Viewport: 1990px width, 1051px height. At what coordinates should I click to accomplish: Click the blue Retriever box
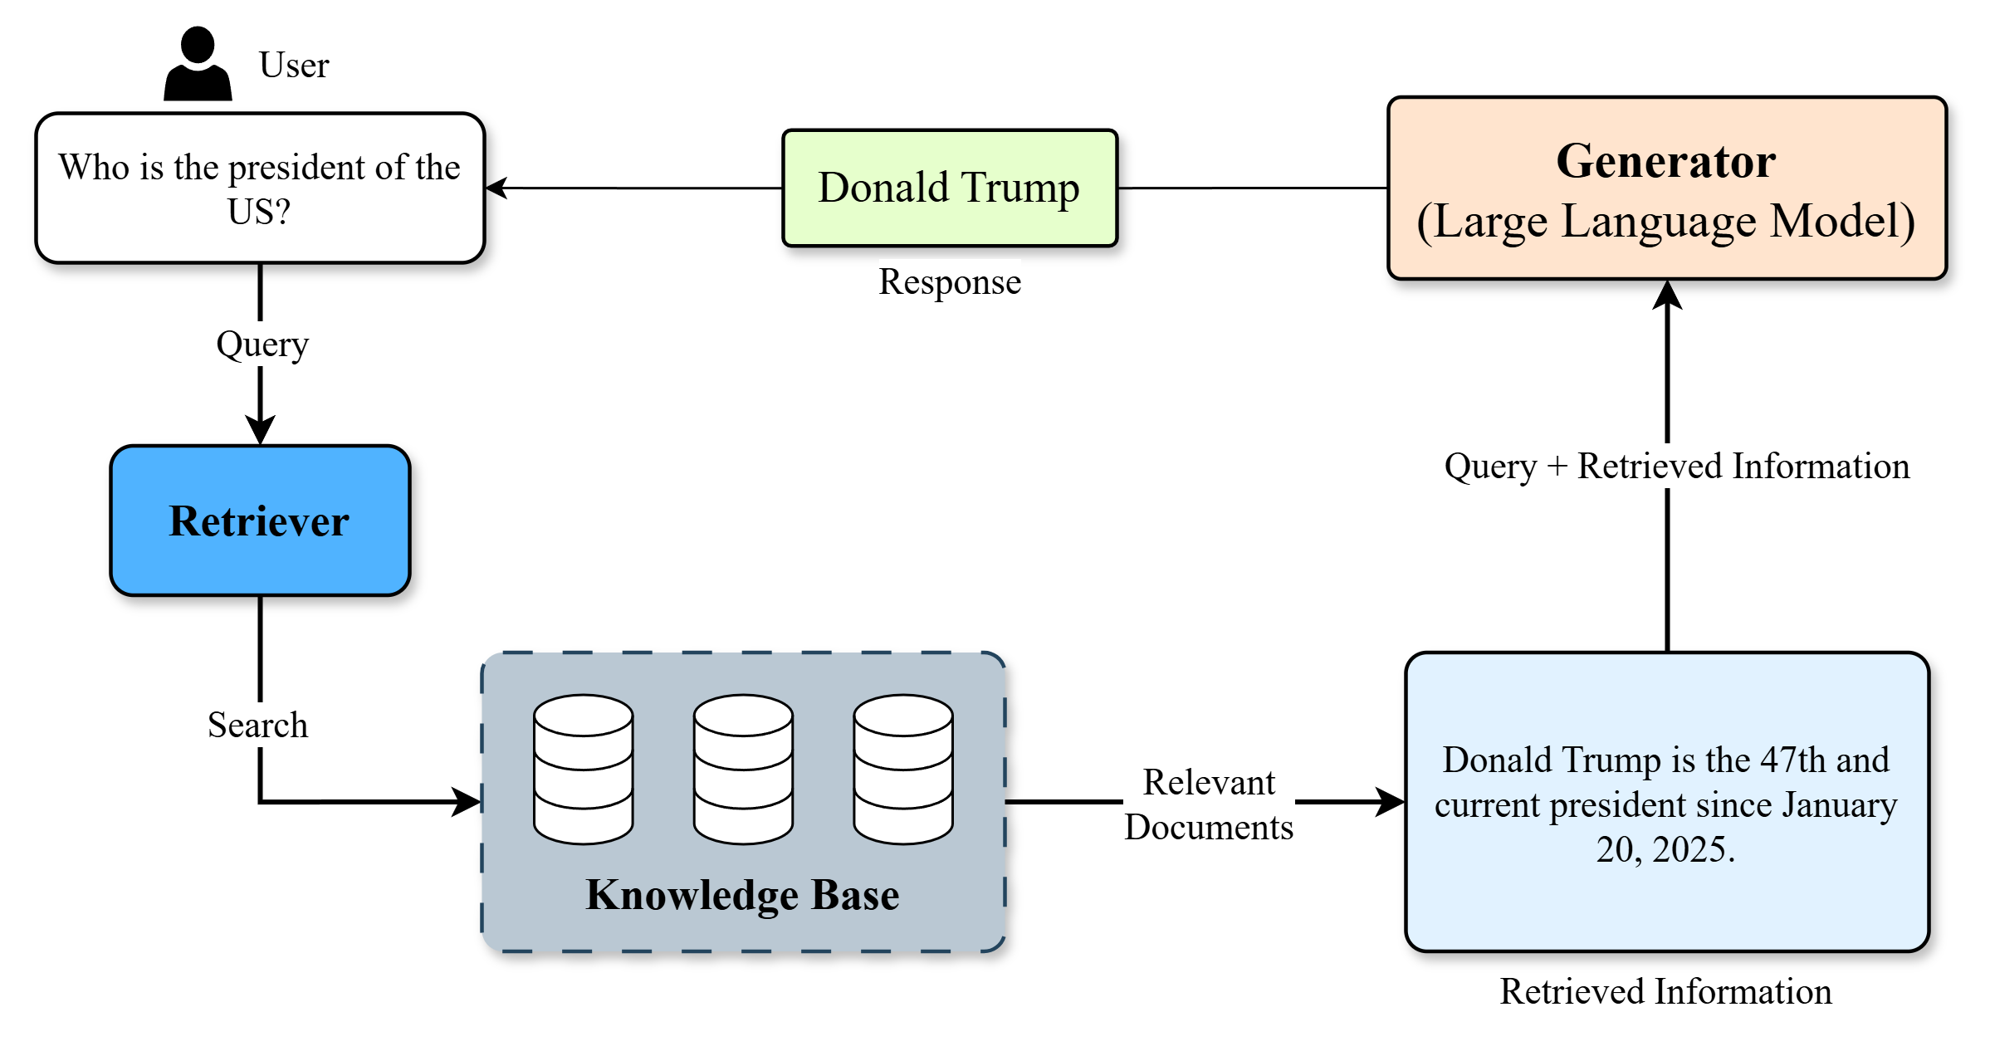pyautogui.click(x=260, y=521)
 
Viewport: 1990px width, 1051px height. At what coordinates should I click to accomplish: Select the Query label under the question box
pyautogui.click(x=262, y=344)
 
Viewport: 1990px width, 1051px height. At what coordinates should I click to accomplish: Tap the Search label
pyautogui.click(x=257, y=725)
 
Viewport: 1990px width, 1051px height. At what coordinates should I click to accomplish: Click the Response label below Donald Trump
pyautogui.click(x=950, y=281)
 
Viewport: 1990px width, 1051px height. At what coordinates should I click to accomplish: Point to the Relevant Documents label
pyautogui.click(x=1209, y=804)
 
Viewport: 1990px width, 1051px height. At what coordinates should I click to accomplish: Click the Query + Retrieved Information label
pyautogui.click(x=1677, y=466)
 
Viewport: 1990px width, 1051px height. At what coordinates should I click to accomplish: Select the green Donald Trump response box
pyautogui.click(x=950, y=188)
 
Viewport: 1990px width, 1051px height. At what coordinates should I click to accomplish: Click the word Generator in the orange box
pyautogui.click(x=1666, y=161)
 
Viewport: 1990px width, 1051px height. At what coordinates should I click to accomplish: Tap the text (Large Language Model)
pyautogui.click(x=1666, y=222)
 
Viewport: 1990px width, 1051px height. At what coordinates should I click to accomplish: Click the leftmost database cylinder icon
pyautogui.click(x=584, y=769)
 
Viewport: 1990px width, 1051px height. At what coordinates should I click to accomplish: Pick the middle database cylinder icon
pyautogui.click(x=743, y=769)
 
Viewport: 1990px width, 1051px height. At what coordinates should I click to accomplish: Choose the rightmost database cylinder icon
pyautogui.click(x=903, y=769)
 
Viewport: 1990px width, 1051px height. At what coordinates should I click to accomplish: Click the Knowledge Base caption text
pyautogui.click(x=742, y=895)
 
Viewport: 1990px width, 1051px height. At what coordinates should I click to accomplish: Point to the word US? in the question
pyautogui.click(x=259, y=213)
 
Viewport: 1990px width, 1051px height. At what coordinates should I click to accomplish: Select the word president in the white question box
pyautogui.click(x=296, y=169)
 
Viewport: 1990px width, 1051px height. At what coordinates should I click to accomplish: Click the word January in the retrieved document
pyautogui.click(x=1840, y=805)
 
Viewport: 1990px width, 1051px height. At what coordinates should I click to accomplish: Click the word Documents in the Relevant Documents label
pyautogui.click(x=1209, y=828)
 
